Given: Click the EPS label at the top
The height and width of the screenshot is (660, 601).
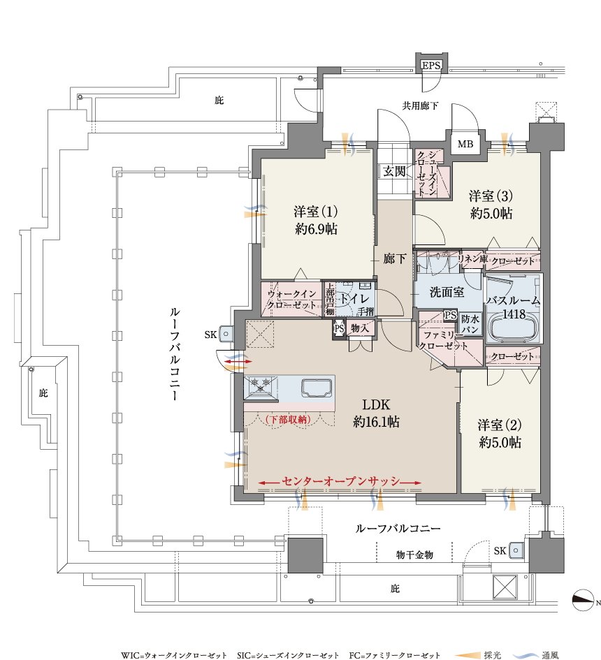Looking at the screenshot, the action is pos(431,66).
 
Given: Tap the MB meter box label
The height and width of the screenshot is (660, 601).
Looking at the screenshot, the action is pos(465,144).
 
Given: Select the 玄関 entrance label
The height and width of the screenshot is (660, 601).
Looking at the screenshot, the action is pos(394,171).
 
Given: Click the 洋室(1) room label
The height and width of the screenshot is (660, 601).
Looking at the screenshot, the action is pos(316,211).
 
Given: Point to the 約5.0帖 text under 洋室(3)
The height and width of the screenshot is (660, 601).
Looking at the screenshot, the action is pos(491,214).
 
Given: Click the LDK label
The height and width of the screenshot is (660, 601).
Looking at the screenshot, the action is pos(376,404).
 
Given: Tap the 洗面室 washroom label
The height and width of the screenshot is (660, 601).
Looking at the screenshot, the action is pos(447,292).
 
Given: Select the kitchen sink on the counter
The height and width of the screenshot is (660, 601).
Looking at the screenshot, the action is pos(317,387).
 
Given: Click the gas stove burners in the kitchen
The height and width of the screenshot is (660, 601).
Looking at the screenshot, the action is pos(261,385).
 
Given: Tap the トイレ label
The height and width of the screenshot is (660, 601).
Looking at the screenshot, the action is pos(354,300).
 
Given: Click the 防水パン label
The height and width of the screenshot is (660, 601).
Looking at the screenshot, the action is pos(470,324).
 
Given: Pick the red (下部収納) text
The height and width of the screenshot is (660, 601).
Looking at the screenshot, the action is pos(289,419).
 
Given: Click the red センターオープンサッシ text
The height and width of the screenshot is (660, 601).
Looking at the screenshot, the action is pos(340,481).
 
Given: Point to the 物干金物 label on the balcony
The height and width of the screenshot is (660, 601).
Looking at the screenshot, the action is pos(414,555).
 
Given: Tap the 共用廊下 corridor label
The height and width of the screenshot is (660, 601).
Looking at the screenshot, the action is pos(420,105).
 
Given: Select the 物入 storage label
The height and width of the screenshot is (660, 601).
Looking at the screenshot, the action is pos(360,328).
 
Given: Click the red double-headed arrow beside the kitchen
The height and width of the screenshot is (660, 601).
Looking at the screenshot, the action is pos(238,362).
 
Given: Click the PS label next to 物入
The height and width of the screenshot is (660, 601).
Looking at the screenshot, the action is pos(339,328).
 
